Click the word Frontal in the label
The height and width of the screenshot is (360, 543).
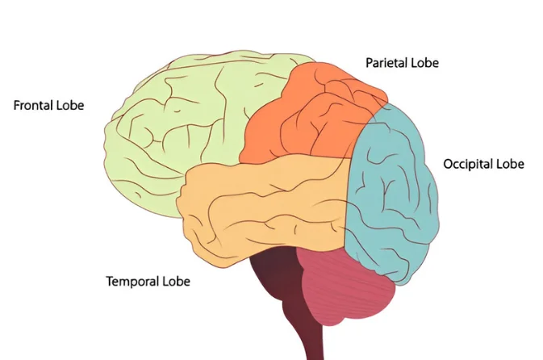(33, 105)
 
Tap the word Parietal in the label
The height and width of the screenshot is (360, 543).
(386, 63)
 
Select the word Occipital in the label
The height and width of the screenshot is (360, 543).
(468, 164)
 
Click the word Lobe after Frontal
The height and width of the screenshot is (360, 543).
(70, 105)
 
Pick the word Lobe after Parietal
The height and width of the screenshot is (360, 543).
(425, 63)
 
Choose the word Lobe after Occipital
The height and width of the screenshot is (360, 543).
(511, 164)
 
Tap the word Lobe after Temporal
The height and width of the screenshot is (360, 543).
(177, 281)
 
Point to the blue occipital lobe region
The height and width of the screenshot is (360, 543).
(391, 194)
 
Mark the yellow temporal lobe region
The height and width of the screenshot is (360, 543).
(263, 208)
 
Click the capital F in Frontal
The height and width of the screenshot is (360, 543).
(17, 105)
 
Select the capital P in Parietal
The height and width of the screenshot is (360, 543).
(370, 63)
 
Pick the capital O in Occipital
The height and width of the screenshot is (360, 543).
(448, 164)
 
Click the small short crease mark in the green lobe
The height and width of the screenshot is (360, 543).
(177, 111)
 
